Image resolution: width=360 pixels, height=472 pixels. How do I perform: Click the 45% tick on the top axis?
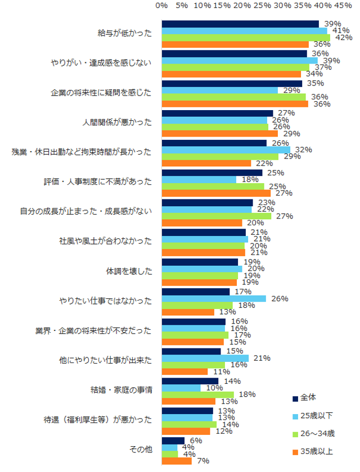(x=343, y=5)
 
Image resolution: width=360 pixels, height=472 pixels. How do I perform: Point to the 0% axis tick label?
(x=162, y=5)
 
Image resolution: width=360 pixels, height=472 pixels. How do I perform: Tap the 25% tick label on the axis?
(x=263, y=5)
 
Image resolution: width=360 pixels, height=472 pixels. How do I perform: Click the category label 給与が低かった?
(x=125, y=33)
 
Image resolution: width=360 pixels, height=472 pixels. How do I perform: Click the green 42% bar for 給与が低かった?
(x=246, y=38)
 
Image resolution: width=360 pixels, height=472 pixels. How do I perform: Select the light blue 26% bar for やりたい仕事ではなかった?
(x=214, y=298)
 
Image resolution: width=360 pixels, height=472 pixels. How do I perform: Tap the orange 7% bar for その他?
(x=177, y=461)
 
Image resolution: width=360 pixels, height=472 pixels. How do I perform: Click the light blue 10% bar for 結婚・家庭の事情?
(x=181, y=388)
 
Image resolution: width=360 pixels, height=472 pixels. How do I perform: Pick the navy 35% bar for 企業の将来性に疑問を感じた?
(x=232, y=83)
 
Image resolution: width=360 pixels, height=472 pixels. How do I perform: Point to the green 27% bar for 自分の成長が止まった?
(x=216, y=216)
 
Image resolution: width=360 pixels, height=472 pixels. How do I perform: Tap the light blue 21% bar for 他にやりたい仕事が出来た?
(x=205, y=358)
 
